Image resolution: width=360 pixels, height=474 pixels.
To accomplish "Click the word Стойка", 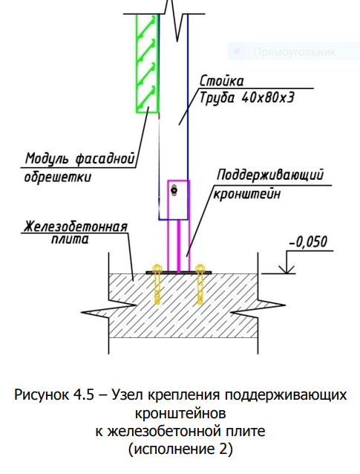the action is point(222,81).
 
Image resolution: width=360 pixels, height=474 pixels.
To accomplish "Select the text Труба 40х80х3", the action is point(246,97).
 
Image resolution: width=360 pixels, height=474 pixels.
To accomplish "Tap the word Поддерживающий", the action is point(270,175).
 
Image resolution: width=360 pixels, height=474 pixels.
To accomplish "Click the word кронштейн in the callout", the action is point(246,193).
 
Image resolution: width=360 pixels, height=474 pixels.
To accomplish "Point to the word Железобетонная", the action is point(76,227).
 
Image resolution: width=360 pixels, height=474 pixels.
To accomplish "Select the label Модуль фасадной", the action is point(79,158).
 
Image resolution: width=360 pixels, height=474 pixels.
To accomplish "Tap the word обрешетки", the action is point(57,177).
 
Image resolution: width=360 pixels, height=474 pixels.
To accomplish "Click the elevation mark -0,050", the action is point(308,242).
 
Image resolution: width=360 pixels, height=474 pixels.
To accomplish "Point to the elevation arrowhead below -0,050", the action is point(287,269).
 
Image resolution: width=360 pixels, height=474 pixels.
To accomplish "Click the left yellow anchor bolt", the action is point(157,284).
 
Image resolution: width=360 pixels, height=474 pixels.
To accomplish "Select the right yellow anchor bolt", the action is point(200,284).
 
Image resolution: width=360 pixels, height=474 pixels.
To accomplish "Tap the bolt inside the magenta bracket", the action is point(174,190).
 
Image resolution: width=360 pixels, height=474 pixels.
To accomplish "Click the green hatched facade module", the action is point(148,63).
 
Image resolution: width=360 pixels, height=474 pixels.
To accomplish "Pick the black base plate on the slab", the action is point(178,273).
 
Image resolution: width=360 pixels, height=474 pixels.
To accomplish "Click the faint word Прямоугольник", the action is point(294,52).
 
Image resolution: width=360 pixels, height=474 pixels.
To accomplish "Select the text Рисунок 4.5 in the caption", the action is point(55,395).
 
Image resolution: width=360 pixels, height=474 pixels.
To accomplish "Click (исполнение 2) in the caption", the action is point(180,449).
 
